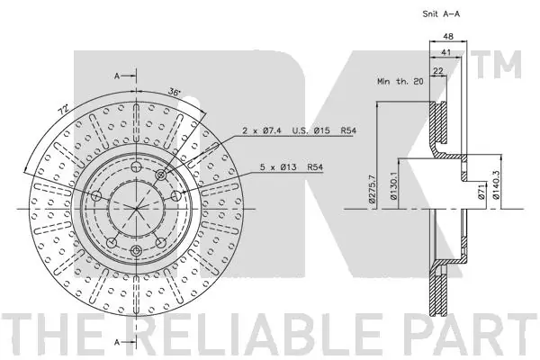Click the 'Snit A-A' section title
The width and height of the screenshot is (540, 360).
coord(441,14)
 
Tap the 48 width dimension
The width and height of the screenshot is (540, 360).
coord(448,36)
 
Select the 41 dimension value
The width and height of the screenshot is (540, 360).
coord(446,53)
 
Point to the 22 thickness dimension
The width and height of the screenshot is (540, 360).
coord(437,71)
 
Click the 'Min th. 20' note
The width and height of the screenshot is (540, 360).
coord(400,82)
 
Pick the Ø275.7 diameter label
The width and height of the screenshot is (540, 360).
coord(372,188)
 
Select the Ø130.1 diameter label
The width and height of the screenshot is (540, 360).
coord(393,186)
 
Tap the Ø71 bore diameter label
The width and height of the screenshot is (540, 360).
coord(481,192)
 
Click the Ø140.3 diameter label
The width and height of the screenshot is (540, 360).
coord(496,186)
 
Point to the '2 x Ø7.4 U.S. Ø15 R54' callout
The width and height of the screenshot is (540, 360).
coord(300,130)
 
